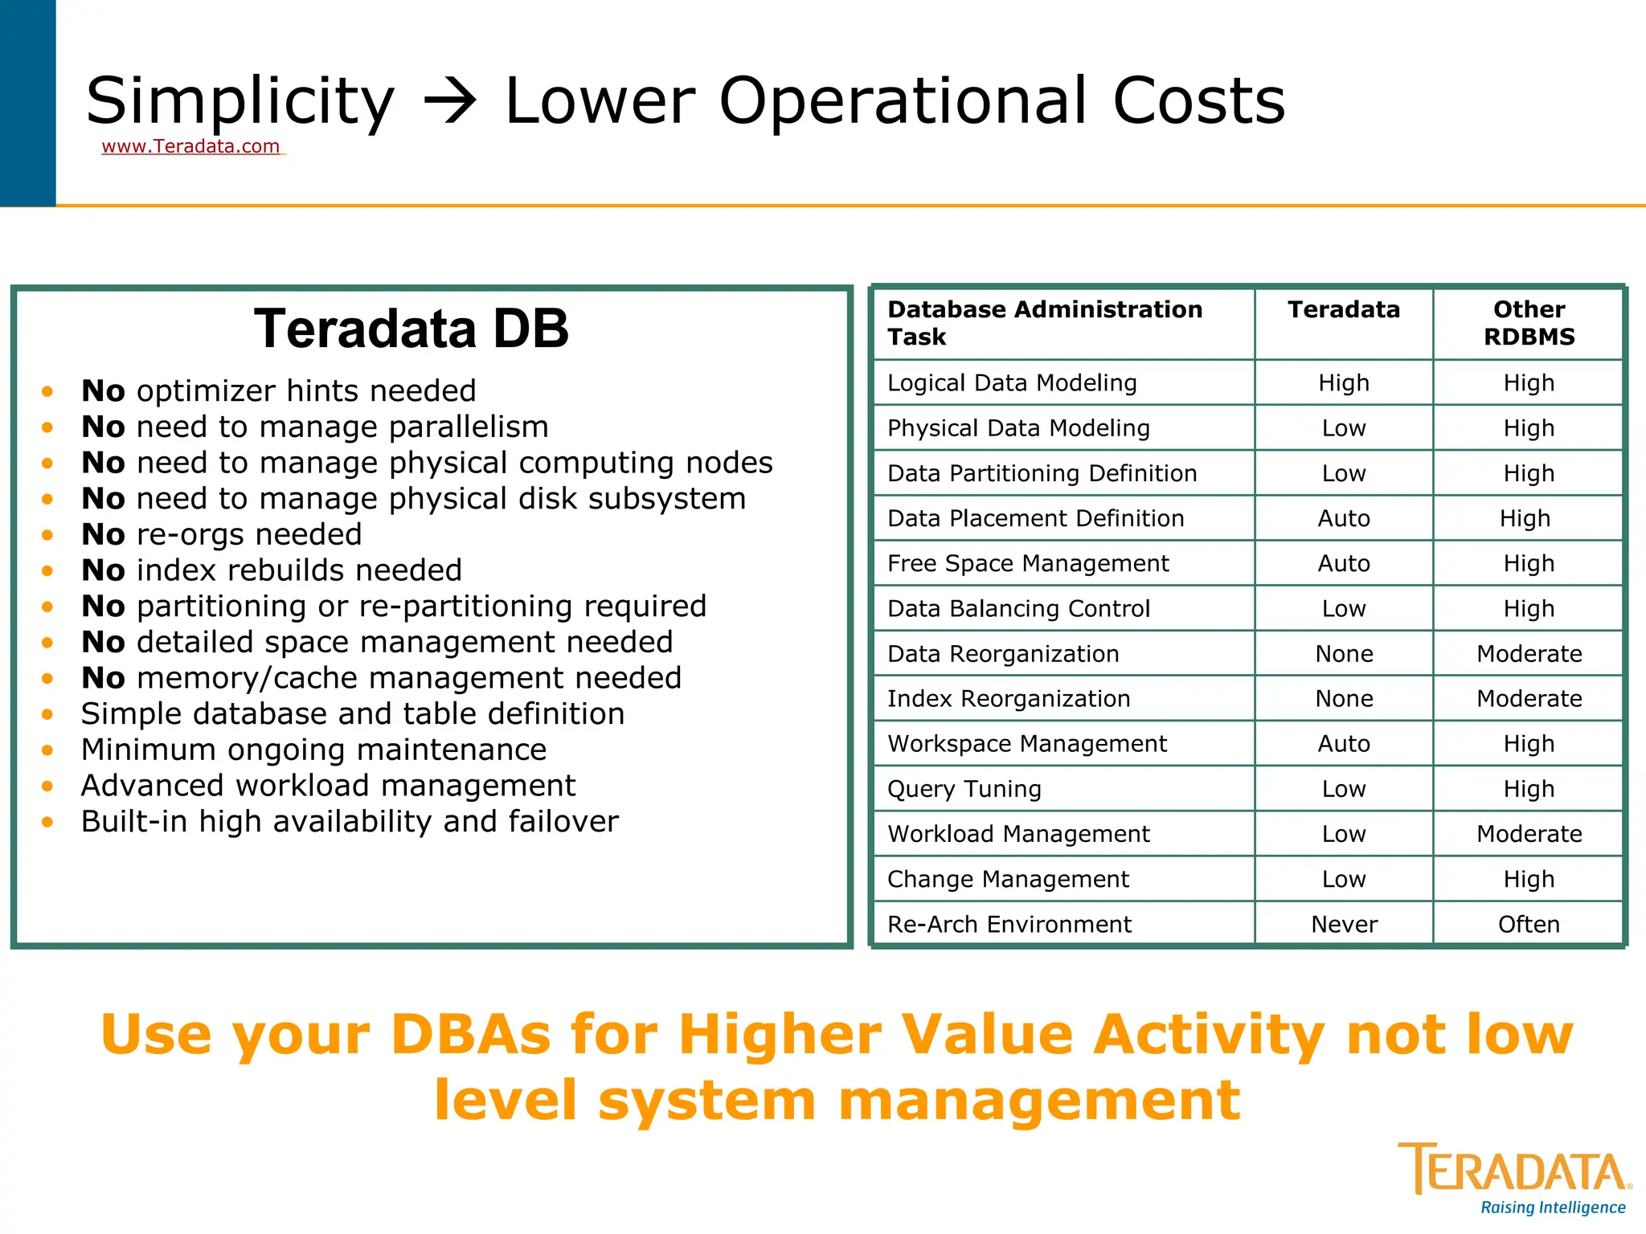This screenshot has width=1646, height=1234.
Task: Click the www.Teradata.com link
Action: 191,146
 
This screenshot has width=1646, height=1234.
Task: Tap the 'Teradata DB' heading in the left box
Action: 411,329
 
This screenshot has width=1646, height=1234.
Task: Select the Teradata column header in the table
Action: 1343,310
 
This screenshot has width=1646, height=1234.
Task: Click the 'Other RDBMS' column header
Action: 1529,323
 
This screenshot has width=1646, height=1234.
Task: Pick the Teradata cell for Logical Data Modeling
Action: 1343,383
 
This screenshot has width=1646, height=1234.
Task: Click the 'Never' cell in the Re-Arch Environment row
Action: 1343,925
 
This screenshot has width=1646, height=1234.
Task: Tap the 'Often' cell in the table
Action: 1529,925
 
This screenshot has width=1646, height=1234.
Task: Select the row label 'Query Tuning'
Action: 964,789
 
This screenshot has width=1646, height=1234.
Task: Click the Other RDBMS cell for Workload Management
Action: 1529,834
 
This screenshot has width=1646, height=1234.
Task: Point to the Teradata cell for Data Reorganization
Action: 1343,654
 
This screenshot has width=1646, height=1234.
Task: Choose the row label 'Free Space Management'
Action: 1028,564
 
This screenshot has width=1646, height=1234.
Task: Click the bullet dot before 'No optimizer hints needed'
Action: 48,392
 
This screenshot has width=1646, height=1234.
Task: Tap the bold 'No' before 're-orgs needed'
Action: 103,535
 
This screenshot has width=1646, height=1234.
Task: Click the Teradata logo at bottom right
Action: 1515,1170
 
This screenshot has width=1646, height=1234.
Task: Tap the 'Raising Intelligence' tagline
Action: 1553,1207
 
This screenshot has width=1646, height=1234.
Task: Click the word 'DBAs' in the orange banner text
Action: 472,1035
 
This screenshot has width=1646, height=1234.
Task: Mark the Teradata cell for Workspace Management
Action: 1343,744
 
